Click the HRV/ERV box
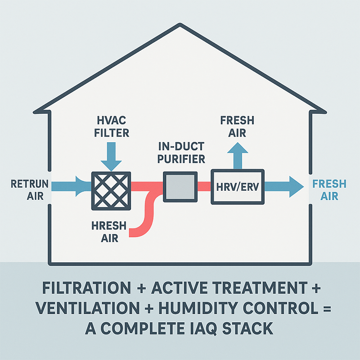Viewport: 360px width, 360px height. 237,187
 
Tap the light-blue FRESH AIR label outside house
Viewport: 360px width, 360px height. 329,190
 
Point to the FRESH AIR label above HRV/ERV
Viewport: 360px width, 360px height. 237,127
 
